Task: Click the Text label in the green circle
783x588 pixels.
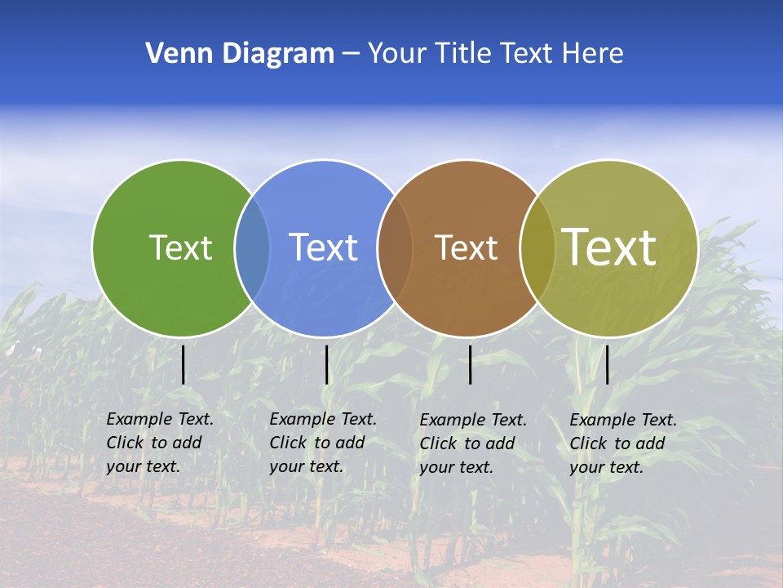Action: (180, 247)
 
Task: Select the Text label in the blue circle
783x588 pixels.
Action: (323, 247)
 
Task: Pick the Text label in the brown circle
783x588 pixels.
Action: (466, 247)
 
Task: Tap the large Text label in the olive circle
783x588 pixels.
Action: (609, 247)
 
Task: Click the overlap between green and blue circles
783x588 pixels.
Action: (252, 247)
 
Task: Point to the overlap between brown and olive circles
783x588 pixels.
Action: (537, 247)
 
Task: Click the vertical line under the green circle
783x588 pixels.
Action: (183, 364)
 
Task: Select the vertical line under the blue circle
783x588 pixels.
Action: (326, 364)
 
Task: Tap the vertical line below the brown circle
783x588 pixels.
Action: (470, 364)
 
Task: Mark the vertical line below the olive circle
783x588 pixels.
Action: (607, 364)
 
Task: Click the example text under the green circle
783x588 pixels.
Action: (159, 443)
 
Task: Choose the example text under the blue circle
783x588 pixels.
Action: (322, 443)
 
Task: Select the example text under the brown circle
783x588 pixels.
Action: (472, 443)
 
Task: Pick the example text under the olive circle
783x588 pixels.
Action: (622, 443)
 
